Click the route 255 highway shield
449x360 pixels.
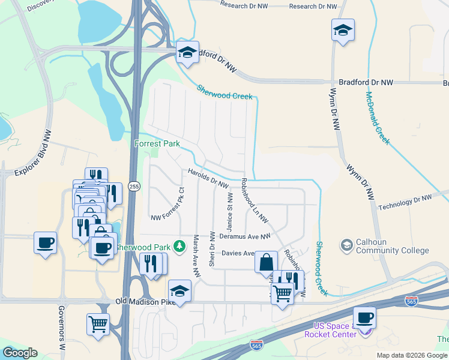(x=134, y=187)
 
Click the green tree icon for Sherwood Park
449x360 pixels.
(x=178, y=246)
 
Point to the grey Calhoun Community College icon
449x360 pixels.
(x=346, y=244)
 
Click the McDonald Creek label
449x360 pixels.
(x=378, y=118)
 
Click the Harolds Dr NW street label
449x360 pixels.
(x=208, y=179)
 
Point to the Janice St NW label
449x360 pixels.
(x=229, y=212)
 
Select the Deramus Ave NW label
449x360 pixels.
(x=246, y=237)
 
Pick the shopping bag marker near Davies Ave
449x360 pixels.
(x=266, y=262)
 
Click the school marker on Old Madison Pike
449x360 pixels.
(x=179, y=291)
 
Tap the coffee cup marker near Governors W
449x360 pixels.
(x=45, y=243)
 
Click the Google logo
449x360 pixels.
(x=20, y=353)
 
